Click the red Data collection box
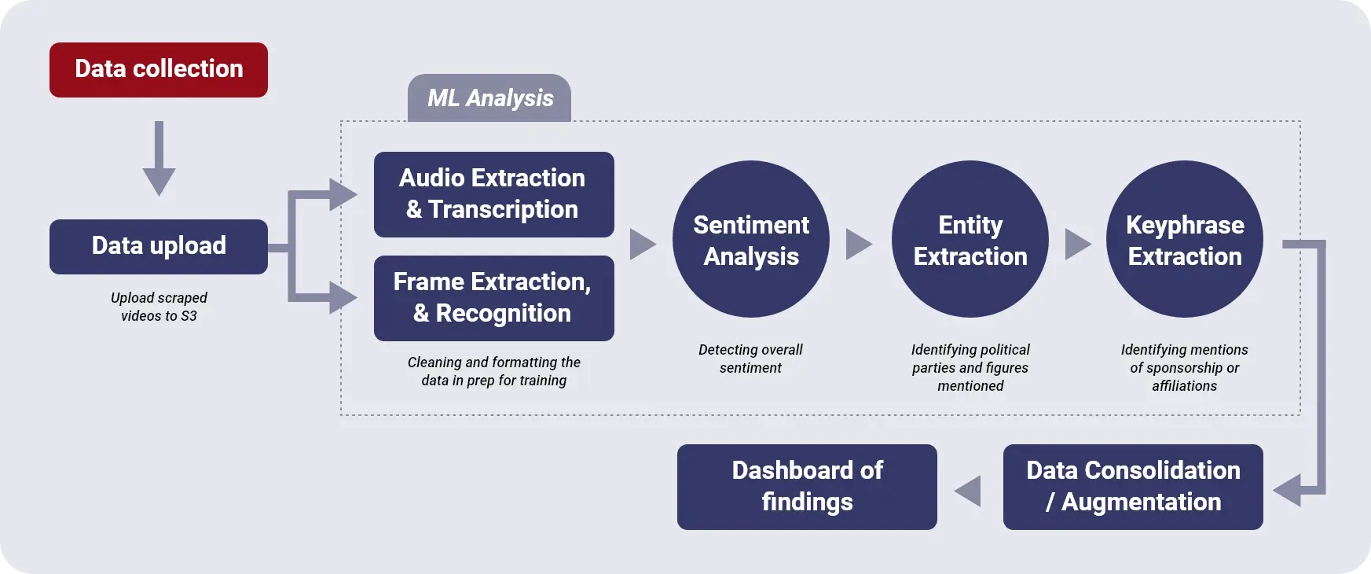click(159, 70)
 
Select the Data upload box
click(159, 247)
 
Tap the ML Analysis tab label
click(489, 98)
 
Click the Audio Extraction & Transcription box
click(493, 194)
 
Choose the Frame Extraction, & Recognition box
click(493, 298)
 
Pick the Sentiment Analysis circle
click(751, 239)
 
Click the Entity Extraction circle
click(970, 239)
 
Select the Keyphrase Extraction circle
click(1185, 239)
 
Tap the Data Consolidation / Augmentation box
click(1133, 487)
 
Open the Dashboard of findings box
click(807, 487)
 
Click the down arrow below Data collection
click(159, 158)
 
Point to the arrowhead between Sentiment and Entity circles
click(859, 245)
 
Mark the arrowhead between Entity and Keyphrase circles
click(1078, 245)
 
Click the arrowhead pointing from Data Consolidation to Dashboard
click(968, 491)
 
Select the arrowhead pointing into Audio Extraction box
click(343, 194)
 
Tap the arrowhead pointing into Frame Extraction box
click(343, 298)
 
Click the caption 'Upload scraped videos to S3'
click(159, 307)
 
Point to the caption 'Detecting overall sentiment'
click(750, 359)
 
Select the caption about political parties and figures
click(970, 367)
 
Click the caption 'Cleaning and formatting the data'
click(493, 371)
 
